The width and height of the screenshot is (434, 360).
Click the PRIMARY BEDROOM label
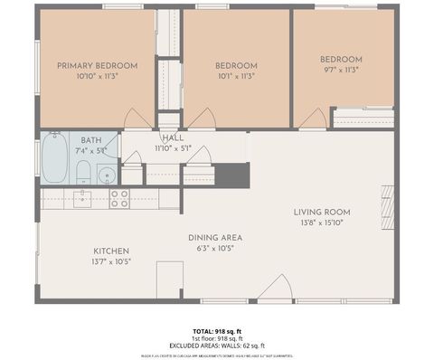(97, 65)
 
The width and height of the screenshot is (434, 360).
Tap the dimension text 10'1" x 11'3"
(235, 77)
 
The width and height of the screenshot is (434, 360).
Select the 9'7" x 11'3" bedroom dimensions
(341, 70)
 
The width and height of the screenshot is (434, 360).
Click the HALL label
(173, 137)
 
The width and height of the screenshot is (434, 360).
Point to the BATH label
(90, 140)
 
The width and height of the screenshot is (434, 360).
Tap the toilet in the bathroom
(82, 172)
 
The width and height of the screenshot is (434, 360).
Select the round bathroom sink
(107, 175)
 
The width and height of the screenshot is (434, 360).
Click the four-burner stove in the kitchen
(119, 198)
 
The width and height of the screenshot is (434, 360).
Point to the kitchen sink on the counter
(82, 198)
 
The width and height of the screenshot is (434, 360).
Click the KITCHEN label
(111, 251)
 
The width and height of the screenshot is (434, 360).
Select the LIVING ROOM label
(321, 213)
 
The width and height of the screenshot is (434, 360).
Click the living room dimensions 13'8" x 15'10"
(321, 223)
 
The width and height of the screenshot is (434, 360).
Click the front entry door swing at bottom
(275, 289)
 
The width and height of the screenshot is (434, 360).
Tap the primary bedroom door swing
(137, 118)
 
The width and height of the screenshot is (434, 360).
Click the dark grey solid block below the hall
(231, 175)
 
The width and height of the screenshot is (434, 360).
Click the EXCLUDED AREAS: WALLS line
(217, 346)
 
